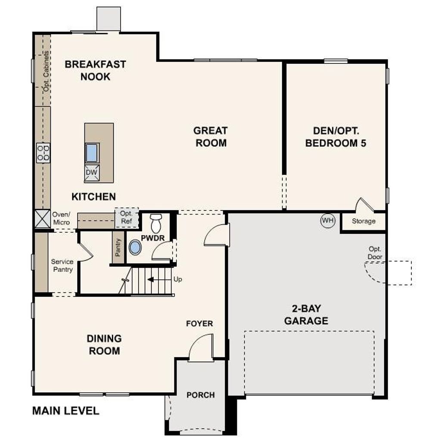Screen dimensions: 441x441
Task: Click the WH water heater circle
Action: tap(328, 220)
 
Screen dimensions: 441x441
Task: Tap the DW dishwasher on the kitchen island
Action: tap(92, 173)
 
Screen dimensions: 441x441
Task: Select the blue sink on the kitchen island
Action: tap(92, 153)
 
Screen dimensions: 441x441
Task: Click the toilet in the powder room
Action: tap(155, 224)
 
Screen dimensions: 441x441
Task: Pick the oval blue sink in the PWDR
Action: tap(135, 248)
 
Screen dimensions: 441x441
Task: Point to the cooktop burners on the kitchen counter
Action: tap(43, 153)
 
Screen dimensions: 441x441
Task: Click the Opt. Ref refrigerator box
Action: tap(127, 217)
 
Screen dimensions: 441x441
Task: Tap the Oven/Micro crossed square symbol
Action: tap(43, 218)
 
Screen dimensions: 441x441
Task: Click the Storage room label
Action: tap(363, 221)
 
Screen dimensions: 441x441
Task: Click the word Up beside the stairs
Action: tap(178, 279)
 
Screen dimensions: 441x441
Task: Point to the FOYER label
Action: tap(199, 323)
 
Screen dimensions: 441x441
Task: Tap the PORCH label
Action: tap(201, 395)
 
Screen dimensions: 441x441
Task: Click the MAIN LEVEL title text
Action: tap(66, 410)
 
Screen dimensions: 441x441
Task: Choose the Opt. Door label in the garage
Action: tap(375, 253)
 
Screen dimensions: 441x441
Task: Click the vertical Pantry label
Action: tap(118, 248)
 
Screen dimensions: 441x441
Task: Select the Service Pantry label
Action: tap(62, 265)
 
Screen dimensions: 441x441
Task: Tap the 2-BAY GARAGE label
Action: tap(306, 315)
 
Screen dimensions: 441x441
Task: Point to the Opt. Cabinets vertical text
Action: tap(46, 71)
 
